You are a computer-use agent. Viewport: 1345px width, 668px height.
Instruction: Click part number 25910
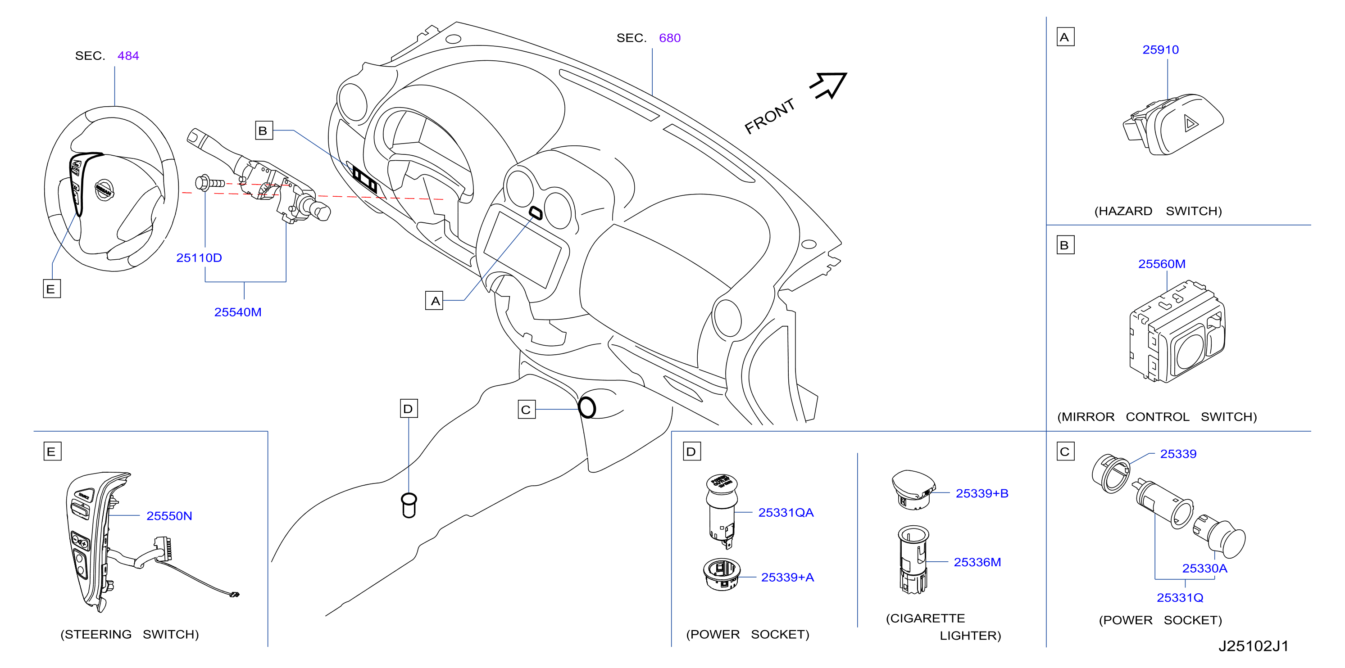pos(1160,50)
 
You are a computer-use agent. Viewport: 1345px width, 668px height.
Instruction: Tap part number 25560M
pos(1162,264)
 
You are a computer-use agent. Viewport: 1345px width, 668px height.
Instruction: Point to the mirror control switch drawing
pos(1177,331)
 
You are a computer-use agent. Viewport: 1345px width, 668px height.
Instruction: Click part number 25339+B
pos(981,493)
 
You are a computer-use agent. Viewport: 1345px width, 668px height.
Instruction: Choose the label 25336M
pos(977,562)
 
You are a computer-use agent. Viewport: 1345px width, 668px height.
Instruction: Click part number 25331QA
pos(786,513)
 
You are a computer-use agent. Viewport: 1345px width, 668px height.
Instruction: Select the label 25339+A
pos(787,577)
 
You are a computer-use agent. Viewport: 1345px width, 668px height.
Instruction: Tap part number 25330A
pos(1204,569)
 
